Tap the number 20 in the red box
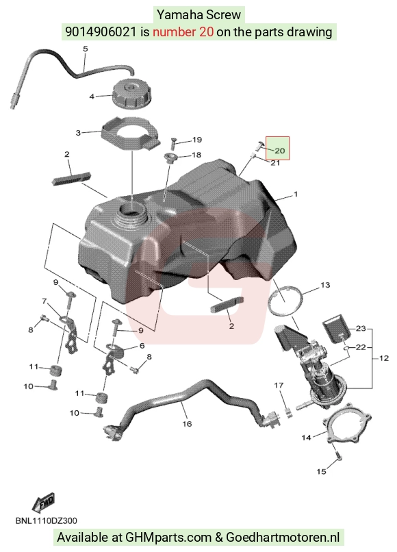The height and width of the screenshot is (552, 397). [279, 151]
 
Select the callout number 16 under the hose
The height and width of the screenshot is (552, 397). [187, 424]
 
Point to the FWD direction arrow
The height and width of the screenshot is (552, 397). [43, 503]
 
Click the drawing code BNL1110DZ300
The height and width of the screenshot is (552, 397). [46, 520]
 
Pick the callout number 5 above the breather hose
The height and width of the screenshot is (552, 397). [86, 49]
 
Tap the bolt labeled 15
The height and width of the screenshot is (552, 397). [337, 455]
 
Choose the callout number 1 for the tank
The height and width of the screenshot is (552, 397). [296, 194]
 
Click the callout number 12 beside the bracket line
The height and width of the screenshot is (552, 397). [384, 358]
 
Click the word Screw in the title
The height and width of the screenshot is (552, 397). [224, 15]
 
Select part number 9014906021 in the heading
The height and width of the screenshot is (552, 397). [101, 32]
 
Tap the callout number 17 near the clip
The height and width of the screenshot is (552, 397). [279, 386]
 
